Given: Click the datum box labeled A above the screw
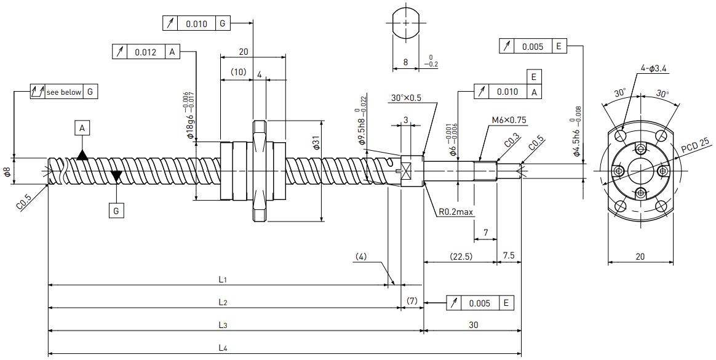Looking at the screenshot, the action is click(x=82, y=129).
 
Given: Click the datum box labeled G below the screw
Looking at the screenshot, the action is click(x=116, y=210).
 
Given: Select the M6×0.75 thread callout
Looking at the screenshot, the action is click(x=509, y=120).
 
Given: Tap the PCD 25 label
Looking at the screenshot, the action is click(x=695, y=145).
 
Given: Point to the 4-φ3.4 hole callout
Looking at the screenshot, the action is click(x=653, y=68).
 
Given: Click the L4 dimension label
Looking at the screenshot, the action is click(x=223, y=348).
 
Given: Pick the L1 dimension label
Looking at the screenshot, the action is click(x=223, y=279).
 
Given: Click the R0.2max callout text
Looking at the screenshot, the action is click(x=456, y=212).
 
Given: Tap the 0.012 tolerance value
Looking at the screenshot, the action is click(x=145, y=52).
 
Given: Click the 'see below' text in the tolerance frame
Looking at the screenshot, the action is click(x=63, y=92).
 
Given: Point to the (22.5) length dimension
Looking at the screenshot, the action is click(x=461, y=256).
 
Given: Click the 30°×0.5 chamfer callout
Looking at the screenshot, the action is click(x=406, y=98).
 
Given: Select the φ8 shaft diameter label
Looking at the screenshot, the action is click(x=7, y=172).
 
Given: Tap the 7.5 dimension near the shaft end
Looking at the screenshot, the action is click(x=508, y=255).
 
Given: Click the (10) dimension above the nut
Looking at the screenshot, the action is click(x=238, y=72).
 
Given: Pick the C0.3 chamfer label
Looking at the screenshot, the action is click(x=512, y=141).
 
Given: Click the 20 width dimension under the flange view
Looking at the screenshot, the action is click(x=640, y=256).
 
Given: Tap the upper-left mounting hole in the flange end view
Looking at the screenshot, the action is click(x=621, y=135).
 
